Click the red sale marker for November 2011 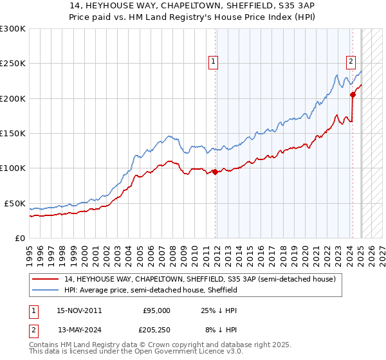[x=214, y=172]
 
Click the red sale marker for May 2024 [x=353, y=94]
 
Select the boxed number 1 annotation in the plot [x=214, y=62]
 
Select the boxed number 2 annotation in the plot [x=351, y=62]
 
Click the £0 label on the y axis [x=19, y=238]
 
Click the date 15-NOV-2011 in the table [x=79, y=310]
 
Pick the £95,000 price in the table [x=156, y=310]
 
